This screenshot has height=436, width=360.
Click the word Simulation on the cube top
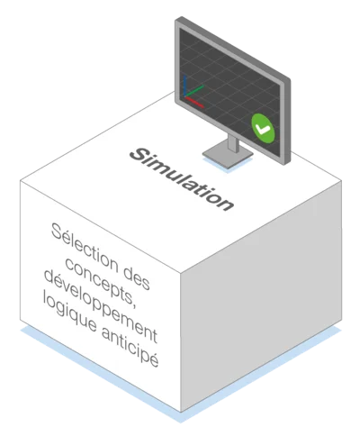(182, 179)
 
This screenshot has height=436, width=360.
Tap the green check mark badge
(263, 128)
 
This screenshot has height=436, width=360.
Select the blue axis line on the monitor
(185, 86)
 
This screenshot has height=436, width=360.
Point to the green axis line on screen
(194, 91)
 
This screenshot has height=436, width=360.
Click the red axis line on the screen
(194, 102)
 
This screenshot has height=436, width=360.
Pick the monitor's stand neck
(233, 143)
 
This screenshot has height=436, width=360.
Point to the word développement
(101, 306)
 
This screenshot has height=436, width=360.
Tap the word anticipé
(130, 347)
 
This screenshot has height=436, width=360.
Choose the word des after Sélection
(137, 278)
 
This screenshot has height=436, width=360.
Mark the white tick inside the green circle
(263, 129)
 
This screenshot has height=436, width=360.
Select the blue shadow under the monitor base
(228, 165)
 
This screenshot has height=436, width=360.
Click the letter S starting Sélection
(57, 231)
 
